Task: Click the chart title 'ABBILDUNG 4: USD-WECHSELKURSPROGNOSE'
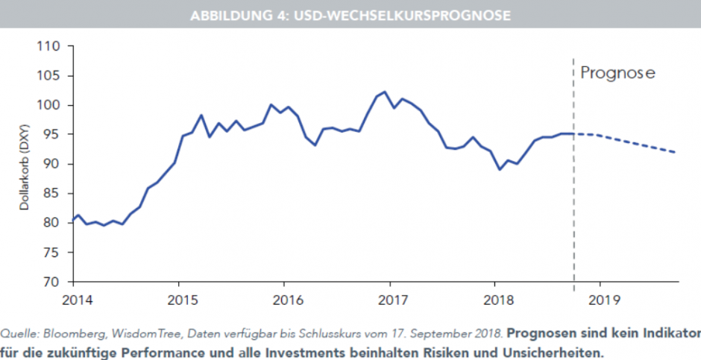coord(350,15)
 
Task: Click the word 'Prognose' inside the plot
coord(617,73)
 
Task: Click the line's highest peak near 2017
coord(384,92)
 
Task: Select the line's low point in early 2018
coord(500,169)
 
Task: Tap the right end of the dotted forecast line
coord(676,152)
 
